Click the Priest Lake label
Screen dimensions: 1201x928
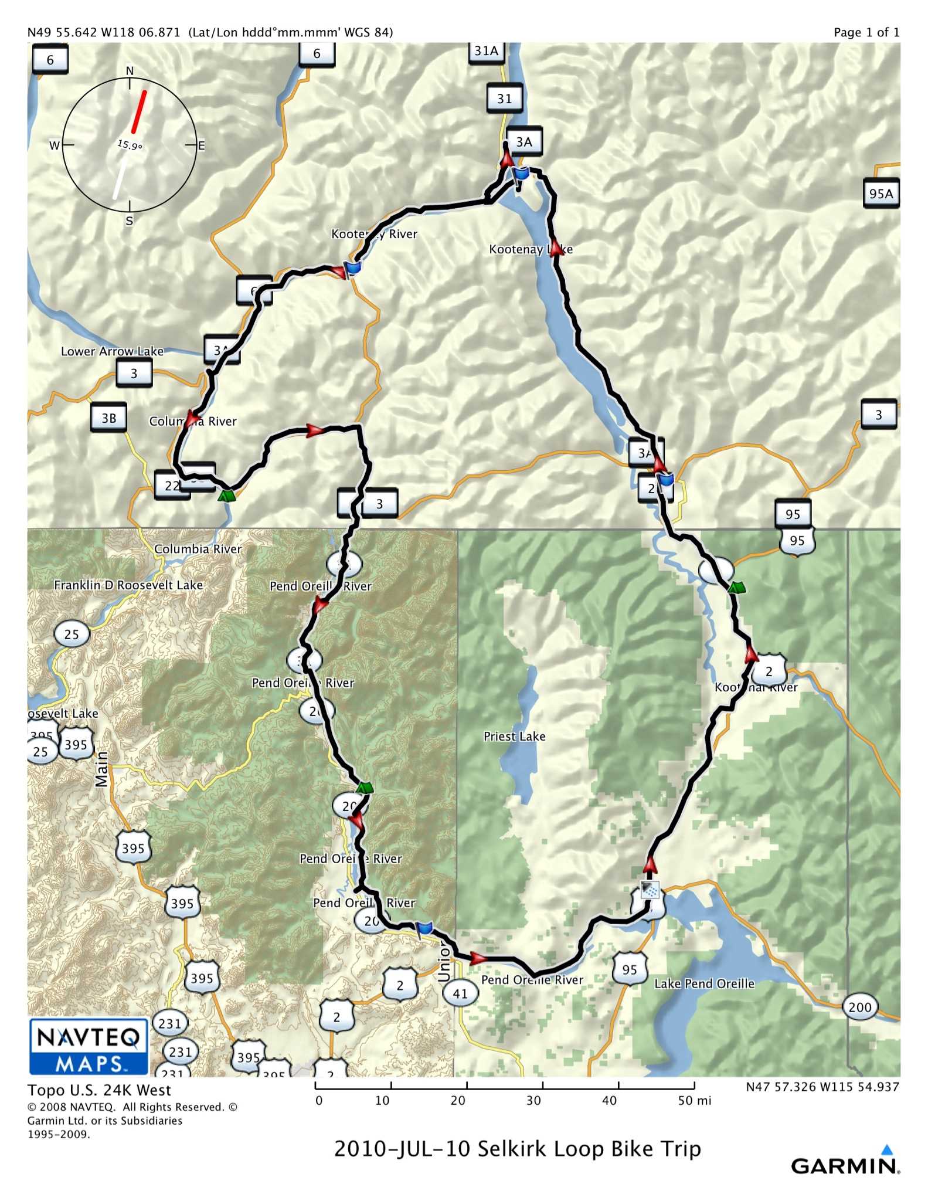(514, 737)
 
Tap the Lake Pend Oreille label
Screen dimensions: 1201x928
(704, 983)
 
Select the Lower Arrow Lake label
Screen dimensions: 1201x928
(112, 351)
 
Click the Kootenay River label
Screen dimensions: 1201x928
(374, 234)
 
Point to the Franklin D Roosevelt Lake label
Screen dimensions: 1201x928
(128, 585)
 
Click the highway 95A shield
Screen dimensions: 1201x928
(881, 194)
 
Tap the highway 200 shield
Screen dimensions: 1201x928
(859, 1007)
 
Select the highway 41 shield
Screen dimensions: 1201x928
(460, 993)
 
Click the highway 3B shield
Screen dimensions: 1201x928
(109, 418)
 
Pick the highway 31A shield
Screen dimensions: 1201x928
(486, 51)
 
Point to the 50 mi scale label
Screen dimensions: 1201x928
(694, 1101)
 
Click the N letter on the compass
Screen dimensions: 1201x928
(130, 71)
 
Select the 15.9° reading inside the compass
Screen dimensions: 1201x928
(130, 145)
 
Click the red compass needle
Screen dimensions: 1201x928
(139, 111)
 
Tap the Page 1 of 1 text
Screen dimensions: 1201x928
(866, 32)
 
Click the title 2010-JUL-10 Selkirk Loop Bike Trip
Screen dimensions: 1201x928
(517, 1148)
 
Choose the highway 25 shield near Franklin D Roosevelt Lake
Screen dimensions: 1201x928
(72, 634)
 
